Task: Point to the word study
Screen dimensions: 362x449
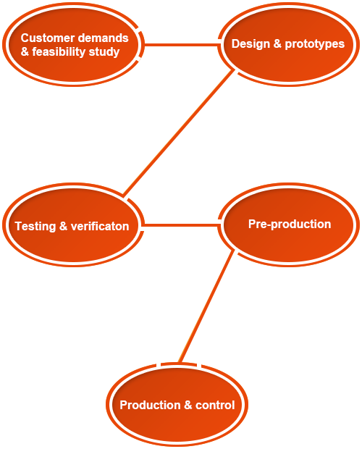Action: pyautogui.click(x=104, y=52)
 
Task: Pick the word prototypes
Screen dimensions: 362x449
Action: pyautogui.click(x=315, y=44)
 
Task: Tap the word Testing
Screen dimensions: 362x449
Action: pyautogui.click(x=35, y=227)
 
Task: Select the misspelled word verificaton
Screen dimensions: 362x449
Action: pyautogui.click(x=100, y=226)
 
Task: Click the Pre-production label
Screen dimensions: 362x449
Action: pyautogui.click(x=290, y=224)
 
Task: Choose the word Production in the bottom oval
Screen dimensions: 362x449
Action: pyautogui.click(x=151, y=405)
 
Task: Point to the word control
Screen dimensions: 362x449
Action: pyautogui.click(x=215, y=405)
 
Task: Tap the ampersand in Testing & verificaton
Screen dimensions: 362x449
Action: pyautogui.click(x=63, y=226)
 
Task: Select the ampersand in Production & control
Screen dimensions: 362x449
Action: pyautogui.click(x=188, y=405)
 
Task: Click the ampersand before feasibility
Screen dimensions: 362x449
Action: pyautogui.click(x=25, y=52)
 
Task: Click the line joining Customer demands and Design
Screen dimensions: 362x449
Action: pyautogui.click(x=182, y=45)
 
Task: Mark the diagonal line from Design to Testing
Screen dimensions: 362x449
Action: pyautogui.click(x=179, y=133)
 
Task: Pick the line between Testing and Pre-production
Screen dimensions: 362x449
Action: pyautogui.click(x=181, y=225)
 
